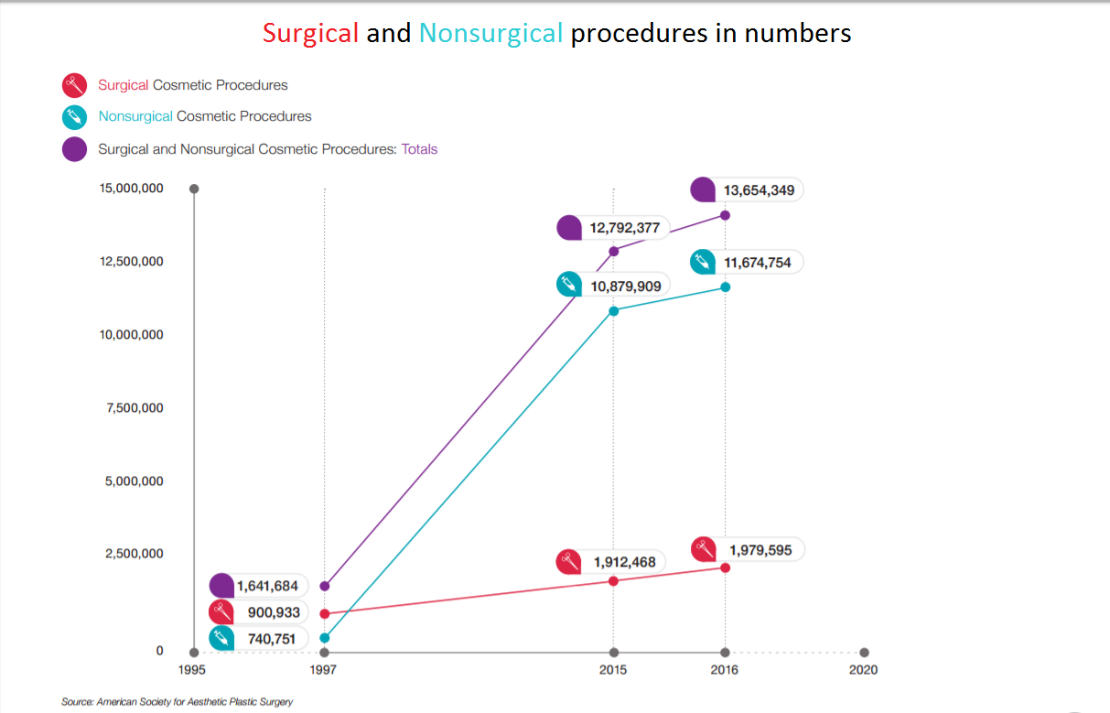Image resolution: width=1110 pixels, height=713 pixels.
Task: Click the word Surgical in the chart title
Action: click(x=310, y=34)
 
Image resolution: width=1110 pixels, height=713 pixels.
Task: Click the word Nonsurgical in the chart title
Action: click(x=490, y=34)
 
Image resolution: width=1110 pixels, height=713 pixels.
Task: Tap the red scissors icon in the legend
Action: click(x=74, y=86)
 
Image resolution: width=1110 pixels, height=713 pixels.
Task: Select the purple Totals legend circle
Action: click(x=74, y=149)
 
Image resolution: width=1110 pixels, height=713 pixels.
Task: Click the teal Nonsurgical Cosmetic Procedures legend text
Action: click(x=205, y=117)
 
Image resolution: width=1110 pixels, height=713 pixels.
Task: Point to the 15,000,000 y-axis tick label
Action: click(x=132, y=189)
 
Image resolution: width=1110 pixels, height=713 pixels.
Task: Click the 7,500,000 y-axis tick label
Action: click(x=132, y=408)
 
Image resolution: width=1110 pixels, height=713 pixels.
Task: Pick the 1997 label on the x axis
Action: click(x=324, y=670)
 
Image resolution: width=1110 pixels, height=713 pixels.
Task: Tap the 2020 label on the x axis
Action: click(x=863, y=670)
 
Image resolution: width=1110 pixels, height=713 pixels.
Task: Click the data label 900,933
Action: click(x=274, y=612)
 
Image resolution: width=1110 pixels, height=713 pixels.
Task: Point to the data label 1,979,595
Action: click(x=760, y=550)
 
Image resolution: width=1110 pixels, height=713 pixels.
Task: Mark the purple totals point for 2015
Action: click(x=614, y=251)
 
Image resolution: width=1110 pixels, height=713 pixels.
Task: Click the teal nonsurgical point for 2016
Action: click(x=726, y=286)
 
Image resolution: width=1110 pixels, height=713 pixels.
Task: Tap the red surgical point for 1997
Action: click(x=325, y=613)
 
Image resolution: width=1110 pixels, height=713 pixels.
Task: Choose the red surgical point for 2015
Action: click(x=614, y=580)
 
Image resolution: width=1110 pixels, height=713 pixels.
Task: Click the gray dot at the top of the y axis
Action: click(x=194, y=189)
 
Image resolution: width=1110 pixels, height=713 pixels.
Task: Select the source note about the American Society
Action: click(x=178, y=702)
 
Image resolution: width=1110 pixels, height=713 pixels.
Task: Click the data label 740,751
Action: click(x=272, y=639)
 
